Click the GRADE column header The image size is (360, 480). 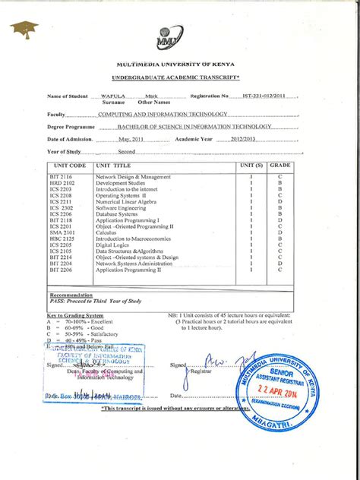[x=280, y=165]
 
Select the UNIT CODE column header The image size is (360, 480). [x=68, y=165]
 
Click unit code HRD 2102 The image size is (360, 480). [x=62, y=183]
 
